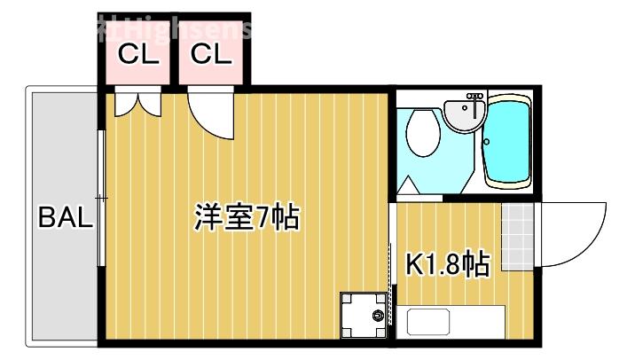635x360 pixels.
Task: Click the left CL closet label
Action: click(138, 55)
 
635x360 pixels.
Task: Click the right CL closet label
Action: click(211, 55)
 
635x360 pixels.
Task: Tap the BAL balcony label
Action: click(65, 218)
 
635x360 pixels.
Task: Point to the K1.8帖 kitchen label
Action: click(447, 263)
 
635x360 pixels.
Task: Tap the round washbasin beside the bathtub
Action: click(464, 113)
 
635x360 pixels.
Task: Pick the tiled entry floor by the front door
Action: click(518, 236)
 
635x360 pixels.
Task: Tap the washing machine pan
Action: click(365, 314)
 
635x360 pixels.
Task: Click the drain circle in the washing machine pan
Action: click(379, 315)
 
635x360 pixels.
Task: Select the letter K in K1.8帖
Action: click(413, 263)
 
